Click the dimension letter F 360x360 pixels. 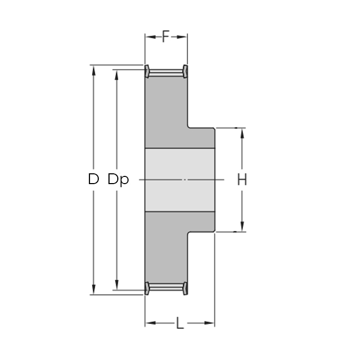tap(166, 37)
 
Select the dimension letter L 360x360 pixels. tap(180, 323)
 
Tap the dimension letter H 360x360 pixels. tap(242, 179)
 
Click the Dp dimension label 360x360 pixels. tap(118, 179)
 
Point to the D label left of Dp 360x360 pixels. tap(94, 179)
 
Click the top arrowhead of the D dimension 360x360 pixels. tap(94, 70)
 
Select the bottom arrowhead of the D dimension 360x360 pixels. tap(94, 289)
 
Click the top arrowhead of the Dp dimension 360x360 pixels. tap(117, 75)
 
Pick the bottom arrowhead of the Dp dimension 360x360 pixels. tap(117, 285)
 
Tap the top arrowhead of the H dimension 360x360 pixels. tap(242, 133)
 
